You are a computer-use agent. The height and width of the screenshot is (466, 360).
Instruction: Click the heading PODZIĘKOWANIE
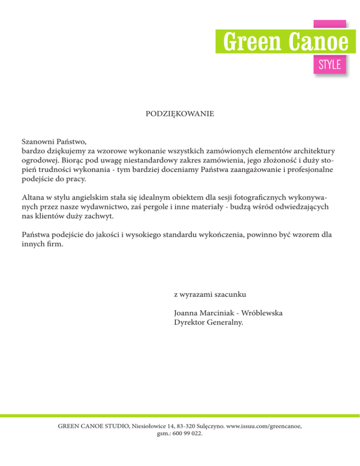[x=180, y=114]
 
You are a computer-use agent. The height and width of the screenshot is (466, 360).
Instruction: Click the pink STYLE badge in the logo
[x=330, y=64]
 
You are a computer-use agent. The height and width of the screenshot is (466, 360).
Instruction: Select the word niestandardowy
[x=149, y=160]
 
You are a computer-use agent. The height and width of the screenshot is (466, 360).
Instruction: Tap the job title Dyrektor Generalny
[x=209, y=323]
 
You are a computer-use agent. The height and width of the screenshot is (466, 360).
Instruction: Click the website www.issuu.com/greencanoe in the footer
[x=263, y=426]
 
